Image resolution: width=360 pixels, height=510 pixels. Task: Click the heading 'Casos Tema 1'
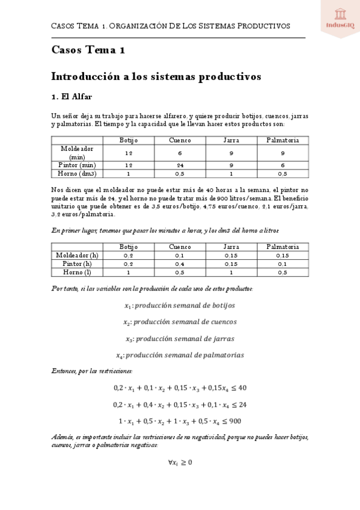click(88, 51)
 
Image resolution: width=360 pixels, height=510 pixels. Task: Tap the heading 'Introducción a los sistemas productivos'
click(156, 77)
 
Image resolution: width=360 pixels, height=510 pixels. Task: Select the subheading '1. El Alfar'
click(72, 96)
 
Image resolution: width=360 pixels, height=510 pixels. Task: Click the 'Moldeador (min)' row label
click(77, 152)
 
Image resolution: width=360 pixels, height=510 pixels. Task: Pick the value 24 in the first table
click(180, 165)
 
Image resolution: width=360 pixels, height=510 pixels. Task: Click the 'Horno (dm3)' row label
click(77, 174)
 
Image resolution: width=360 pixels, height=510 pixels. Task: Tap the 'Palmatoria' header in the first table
click(282, 140)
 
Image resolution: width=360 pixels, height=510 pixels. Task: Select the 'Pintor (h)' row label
click(77, 263)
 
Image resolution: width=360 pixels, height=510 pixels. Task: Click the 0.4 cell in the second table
click(180, 263)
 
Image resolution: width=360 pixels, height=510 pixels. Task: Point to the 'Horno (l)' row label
click(77, 272)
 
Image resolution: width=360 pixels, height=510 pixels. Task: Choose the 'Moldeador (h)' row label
click(77, 255)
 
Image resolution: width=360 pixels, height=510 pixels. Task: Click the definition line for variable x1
click(180, 306)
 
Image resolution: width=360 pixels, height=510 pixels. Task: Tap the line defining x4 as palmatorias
click(180, 355)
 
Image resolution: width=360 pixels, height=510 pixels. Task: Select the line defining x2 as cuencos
click(180, 322)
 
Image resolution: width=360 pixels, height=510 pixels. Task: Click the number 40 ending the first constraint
click(242, 388)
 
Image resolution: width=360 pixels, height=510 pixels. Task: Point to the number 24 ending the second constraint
click(242, 404)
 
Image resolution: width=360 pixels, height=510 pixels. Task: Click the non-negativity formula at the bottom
click(180, 462)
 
